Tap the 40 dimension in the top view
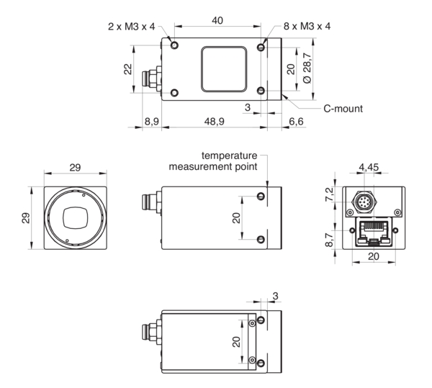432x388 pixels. (x=217, y=21)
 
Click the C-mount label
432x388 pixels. (x=342, y=109)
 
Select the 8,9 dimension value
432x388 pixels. (x=151, y=122)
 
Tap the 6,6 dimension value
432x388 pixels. (x=297, y=122)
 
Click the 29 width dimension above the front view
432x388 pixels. (x=74, y=167)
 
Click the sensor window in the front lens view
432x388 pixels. (x=75, y=216)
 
